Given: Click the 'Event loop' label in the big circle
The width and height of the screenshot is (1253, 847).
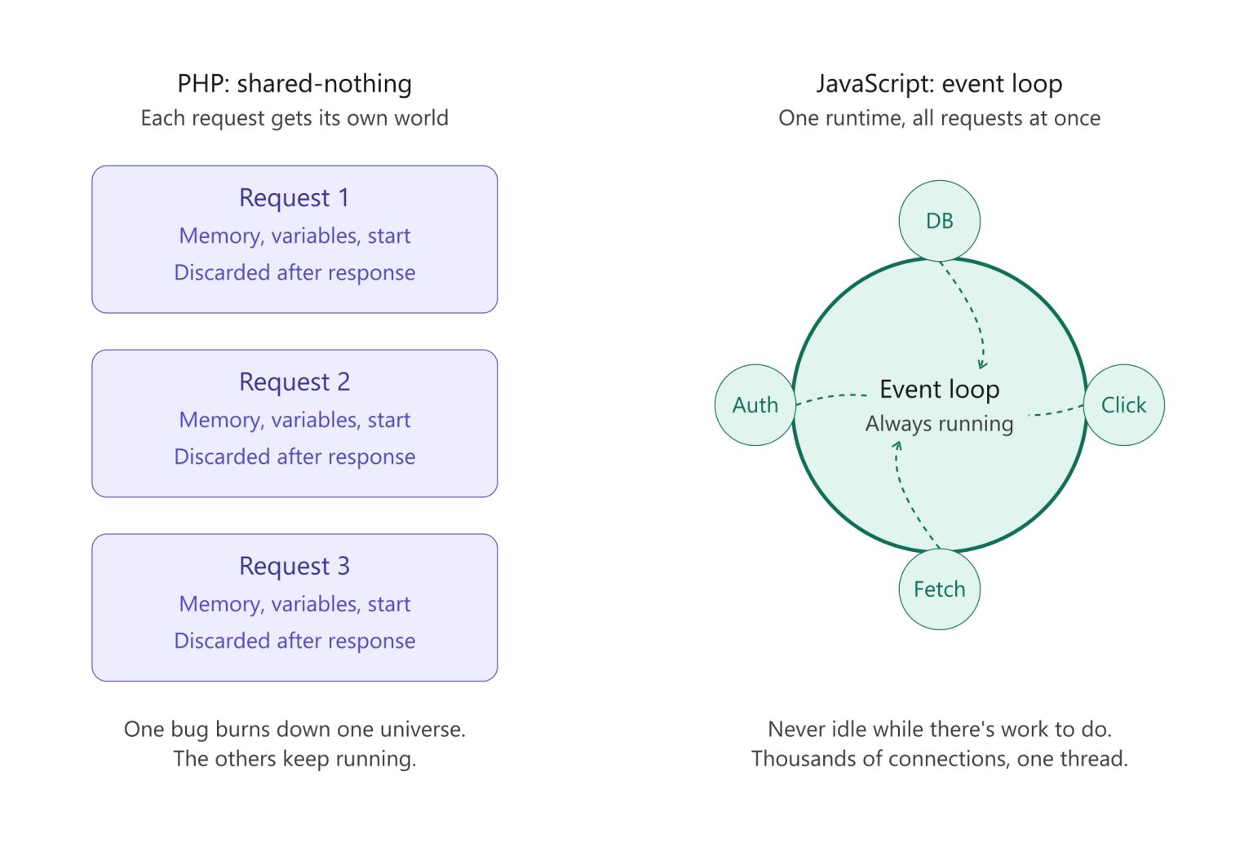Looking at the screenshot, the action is coord(939,389).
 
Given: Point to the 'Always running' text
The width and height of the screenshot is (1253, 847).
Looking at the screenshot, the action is coord(939,423).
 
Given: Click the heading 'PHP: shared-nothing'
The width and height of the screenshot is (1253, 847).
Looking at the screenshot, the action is coord(294,84).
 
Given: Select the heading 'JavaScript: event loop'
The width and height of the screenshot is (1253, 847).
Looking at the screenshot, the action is coord(939,84).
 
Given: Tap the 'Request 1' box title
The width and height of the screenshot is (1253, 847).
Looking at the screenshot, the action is coord(294,197).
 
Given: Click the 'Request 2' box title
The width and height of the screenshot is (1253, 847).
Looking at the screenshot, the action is coord(294,382).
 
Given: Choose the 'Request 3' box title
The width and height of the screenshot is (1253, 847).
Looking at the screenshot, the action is coord(294,566).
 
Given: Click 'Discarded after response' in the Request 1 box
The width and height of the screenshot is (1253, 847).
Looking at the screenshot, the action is coord(294,272).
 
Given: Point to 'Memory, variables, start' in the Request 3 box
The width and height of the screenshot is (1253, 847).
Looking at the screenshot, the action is coord(294,604).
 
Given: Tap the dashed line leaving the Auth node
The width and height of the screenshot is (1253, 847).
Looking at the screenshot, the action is coord(832,396).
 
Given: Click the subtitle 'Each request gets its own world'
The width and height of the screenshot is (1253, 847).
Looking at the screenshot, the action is coord(294,118).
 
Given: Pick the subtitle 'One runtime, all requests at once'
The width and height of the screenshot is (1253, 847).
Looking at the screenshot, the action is coord(939,118).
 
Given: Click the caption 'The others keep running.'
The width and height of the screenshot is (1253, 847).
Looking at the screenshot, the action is coord(294,759).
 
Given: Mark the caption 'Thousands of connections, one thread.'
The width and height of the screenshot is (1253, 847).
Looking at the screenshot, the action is coord(939,759).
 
